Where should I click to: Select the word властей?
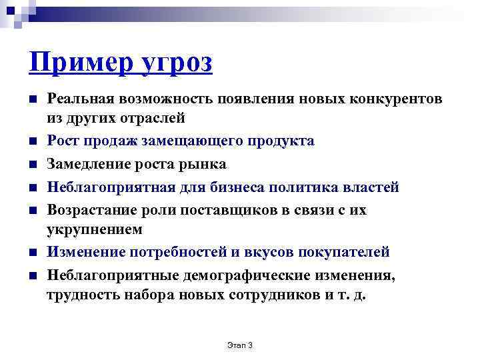tap(369, 187)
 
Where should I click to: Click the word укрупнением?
tap(94, 229)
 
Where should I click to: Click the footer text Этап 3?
tap(241, 345)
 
